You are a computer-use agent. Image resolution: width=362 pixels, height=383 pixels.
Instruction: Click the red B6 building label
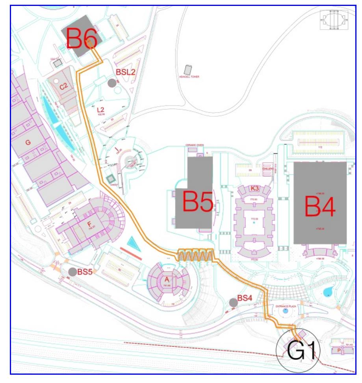tap(82, 38)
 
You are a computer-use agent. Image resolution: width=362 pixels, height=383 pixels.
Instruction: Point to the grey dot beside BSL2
tap(112, 83)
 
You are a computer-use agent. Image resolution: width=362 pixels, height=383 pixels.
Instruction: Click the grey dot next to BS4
tap(233, 303)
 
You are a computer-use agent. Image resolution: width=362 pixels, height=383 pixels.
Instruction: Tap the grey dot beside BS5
tap(72, 272)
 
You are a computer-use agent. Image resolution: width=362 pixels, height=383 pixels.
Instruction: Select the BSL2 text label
tap(126, 72)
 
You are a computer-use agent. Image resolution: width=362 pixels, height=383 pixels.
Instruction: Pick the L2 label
tap(100, 110)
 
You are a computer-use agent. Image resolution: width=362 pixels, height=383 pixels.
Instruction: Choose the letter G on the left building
tap(28, 142)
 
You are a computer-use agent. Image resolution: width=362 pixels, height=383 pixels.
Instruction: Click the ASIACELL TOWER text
tap(190, 77)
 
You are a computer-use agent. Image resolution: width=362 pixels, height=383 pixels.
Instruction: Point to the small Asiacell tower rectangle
tap(188, 69)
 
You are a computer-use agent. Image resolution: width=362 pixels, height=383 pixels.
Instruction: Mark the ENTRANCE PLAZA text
tap(285, 306)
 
